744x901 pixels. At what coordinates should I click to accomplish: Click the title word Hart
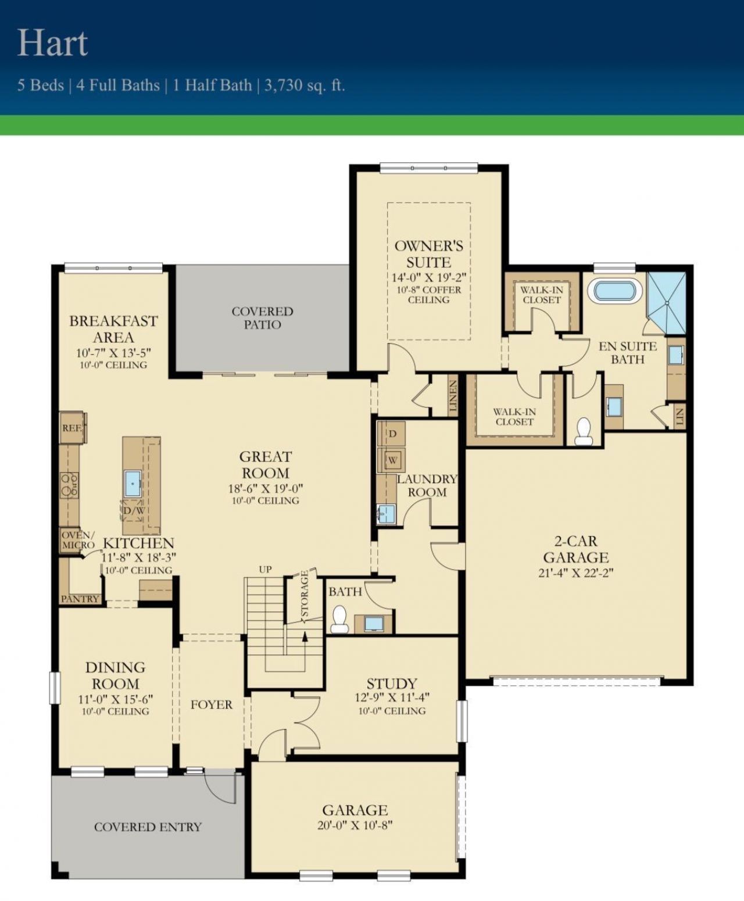point(53,43)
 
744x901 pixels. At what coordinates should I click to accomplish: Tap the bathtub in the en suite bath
point(615,290)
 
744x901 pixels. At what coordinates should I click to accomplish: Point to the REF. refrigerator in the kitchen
point(72,428)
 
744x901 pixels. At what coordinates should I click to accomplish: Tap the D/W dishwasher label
point(133,510)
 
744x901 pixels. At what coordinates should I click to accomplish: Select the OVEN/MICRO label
point(77,540)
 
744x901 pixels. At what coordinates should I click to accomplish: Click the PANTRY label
point(80,599)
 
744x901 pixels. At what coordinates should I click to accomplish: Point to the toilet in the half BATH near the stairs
point(339,618)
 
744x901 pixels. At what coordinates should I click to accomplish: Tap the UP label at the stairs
point(265,570)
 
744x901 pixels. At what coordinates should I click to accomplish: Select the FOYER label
point(211,705)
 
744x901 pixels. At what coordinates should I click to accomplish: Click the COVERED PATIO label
point(262,318)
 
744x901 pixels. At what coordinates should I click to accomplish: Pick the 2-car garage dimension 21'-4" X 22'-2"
point(575,573)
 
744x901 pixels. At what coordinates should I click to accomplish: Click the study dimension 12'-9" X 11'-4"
point(392,698)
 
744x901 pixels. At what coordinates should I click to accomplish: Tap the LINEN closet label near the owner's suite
point(453,395)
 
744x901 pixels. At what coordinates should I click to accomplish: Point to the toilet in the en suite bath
point(584,431)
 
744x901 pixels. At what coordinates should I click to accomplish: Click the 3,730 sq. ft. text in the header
point(305,85)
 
